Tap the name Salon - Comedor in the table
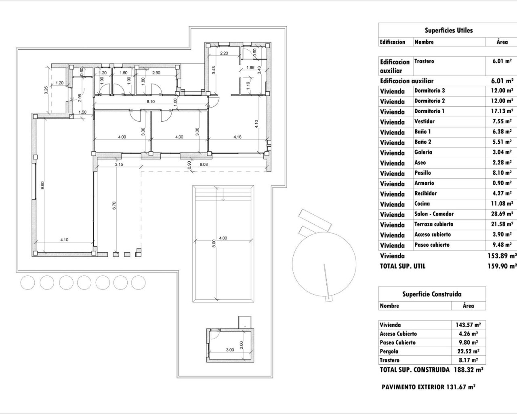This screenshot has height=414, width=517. click(x=434, y=214)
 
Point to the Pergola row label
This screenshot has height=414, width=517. click(x=389, y=351)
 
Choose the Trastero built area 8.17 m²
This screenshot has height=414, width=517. click(x=468, y=360)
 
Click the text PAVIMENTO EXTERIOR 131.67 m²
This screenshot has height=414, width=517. click(x=428, y=387)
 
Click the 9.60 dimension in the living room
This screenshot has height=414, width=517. click(x=42, y=186)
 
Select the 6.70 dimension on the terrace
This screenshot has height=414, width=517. click(x=114, y=205)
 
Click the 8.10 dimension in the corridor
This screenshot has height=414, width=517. click(x=151, y=102)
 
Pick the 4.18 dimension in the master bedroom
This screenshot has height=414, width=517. click(x=237, y=137)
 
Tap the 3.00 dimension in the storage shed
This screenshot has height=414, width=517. click(x=229, y=350)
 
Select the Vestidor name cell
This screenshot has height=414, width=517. click(x=424, y=121)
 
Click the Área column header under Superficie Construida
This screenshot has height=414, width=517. click(x=468, y=306)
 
